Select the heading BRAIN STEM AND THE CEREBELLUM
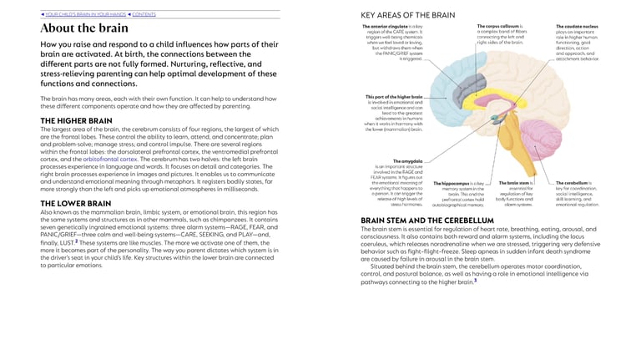tap(427, 221)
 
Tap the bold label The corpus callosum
tap(497, 27)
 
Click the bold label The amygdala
tap(408, 160)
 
